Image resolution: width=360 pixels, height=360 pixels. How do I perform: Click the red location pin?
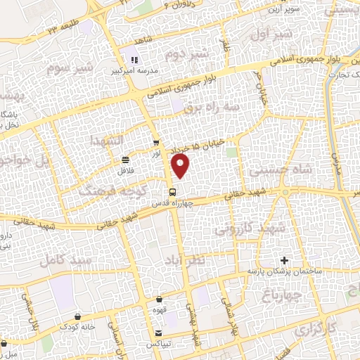(x=181, y=165)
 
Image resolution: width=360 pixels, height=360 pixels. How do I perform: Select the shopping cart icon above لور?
(x=155, y=142)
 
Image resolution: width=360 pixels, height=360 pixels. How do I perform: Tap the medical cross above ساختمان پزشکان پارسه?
(x=284, y=261)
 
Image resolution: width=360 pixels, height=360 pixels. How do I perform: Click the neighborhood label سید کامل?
(x=67, y=261)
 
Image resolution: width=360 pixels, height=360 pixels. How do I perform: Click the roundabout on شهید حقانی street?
(x=285, y=192)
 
